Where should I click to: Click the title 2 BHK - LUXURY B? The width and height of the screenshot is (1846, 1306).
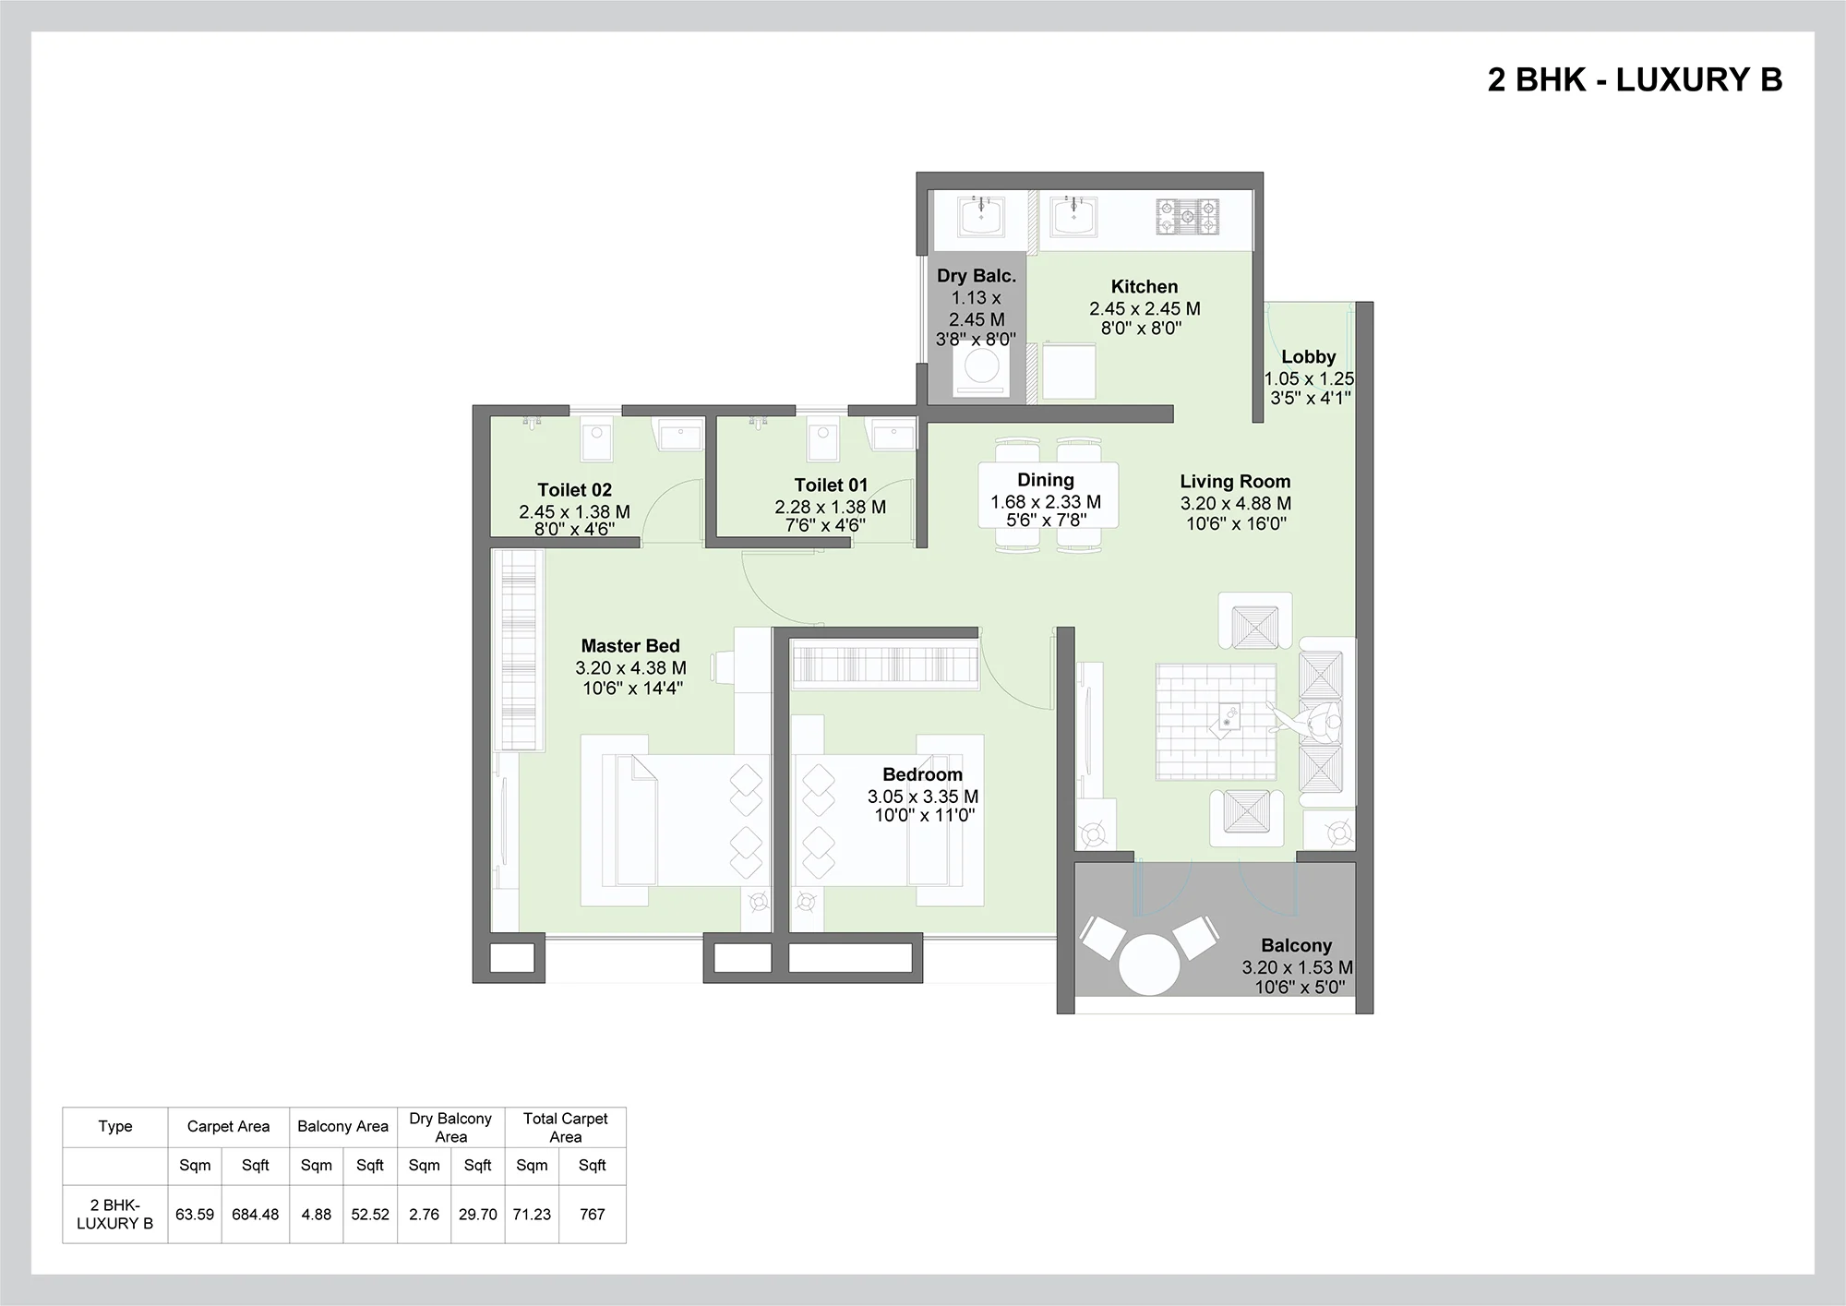(1635, 80)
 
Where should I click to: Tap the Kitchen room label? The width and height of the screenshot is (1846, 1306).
(1145, 287)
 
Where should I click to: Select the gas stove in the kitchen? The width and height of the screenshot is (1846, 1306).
(1186, 217)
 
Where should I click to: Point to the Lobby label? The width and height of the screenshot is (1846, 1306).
(1309, 357)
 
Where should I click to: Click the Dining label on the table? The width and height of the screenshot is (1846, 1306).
(1046, 480)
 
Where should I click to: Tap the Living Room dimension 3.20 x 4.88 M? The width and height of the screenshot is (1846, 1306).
(1235, 504)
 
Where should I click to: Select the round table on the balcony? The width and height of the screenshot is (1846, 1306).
(1149, 965)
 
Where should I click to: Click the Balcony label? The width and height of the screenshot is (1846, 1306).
(1297, 946)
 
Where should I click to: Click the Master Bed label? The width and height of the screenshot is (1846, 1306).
(630, 646)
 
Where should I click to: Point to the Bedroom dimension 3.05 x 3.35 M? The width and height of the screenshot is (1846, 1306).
(923, 797)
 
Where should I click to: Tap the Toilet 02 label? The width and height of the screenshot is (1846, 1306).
(575, 490)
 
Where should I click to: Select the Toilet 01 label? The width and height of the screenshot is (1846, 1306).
(831, 485)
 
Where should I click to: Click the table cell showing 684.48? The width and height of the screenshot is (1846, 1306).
(255, 1215)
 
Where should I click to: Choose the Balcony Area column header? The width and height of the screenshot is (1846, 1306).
(342, 1126)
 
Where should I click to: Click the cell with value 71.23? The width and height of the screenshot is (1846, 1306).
(532, 1215)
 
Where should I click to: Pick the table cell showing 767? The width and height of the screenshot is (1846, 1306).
(592, 1215)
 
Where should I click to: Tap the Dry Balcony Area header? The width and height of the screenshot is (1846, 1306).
(450, 1127)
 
